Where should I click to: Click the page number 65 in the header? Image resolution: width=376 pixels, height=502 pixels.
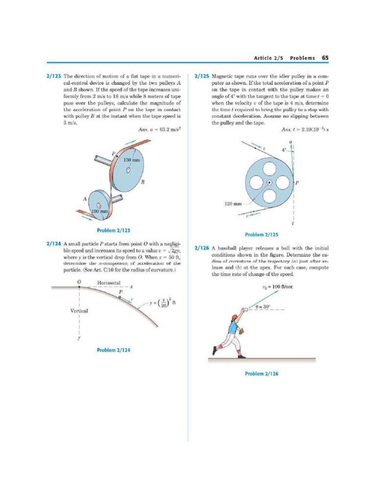(x=325, y=57)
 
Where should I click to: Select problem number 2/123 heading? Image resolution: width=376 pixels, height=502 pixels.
(x=53, y=77)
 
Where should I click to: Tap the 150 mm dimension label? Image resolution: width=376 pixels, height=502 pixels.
(x=132, y=160)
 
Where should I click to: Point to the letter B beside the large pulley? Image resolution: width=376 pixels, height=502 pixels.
(x=142, y=182)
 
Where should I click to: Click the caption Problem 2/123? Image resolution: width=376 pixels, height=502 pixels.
(x=113, y=230)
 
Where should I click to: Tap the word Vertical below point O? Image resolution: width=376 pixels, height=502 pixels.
(x=80, y=311)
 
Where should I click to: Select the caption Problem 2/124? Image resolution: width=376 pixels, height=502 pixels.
(x=113, y=350)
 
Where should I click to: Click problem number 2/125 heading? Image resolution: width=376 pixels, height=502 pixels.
(x=202, y=77)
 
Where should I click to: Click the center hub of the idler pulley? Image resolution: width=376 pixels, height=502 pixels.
(x=269, y=183)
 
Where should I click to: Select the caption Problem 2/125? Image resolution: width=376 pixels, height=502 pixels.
(x=261, y=234)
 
